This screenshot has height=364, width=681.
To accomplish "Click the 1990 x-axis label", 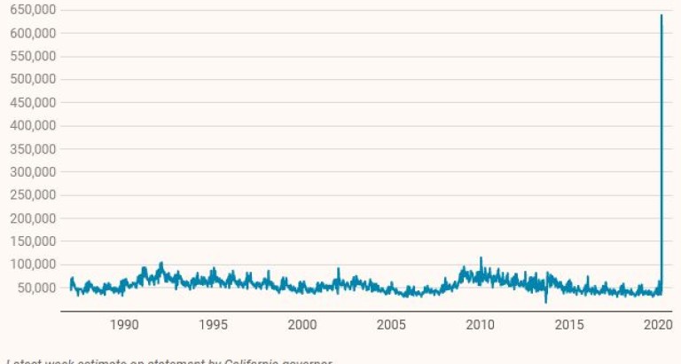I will [x=124, y=325].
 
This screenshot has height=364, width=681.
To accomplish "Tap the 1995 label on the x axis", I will [x=214, y=325].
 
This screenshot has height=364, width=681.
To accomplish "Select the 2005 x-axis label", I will [x=391, y=325].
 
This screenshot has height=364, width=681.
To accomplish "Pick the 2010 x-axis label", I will [x=481, y=325].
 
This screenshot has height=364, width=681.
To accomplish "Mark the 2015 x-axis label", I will [x=569, y=325].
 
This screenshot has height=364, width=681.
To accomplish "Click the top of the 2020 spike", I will [x=661, y=15].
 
